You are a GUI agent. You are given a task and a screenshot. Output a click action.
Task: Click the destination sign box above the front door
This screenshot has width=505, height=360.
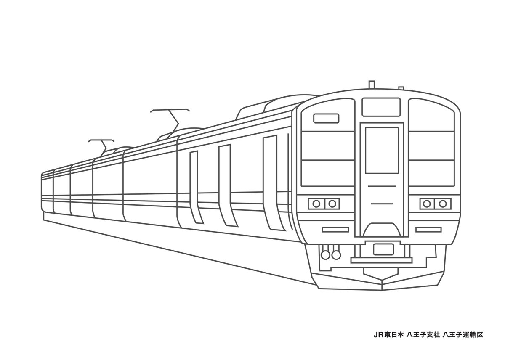[x=381, y=107]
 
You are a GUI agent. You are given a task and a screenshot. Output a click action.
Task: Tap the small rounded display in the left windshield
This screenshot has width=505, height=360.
[x=326, y=118]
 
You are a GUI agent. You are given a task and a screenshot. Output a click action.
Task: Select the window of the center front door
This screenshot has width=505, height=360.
[x=382, y=150]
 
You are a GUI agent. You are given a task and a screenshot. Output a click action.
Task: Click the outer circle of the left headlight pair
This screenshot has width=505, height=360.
[x=316, y=204]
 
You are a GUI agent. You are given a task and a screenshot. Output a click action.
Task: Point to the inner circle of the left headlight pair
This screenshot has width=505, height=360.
[x=332, y=204]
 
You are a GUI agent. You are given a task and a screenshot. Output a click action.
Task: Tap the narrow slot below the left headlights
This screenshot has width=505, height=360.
[x=335, y=230]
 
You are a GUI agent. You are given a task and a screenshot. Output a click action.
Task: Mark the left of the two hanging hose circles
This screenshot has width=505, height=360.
[x=326, y=255]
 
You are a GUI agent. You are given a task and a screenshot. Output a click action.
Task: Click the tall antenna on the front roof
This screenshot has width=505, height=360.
[x=371, y=85]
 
